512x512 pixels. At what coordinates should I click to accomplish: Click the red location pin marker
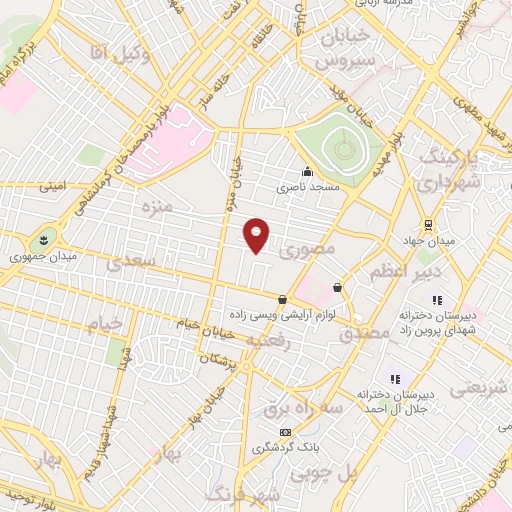click(x=256, y=235)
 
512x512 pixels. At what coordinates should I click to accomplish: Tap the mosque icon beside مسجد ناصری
click(x=305, y=170)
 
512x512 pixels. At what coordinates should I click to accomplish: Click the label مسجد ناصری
click(x=304, y=187)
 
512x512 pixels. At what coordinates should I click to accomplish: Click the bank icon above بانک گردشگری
click(x=286, y=432)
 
